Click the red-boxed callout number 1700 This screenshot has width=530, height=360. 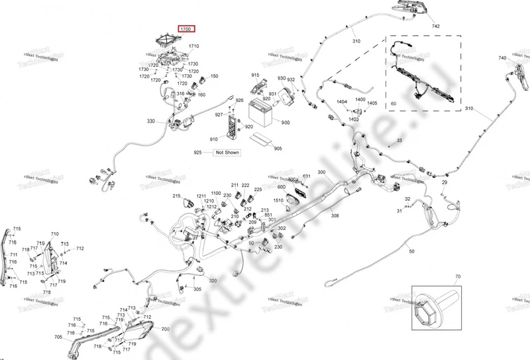click(x=185, y=29)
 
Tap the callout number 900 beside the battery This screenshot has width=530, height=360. click(x=286, y=123)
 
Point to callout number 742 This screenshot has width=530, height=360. click(x=435, y=26)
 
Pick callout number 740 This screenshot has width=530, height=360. click(x=502, y=59)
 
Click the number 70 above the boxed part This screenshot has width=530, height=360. click(x=457, y=276)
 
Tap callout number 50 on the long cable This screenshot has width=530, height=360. click(x=411, y=252)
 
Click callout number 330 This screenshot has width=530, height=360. click(x=150, y=121)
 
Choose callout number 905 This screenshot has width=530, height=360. click(x=278, y=149)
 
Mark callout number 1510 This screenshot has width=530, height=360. click(x=279, y=200)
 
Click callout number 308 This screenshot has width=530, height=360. click(x=335, y=216)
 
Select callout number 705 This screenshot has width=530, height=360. click(x=58, y=337)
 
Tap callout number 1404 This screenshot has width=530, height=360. click(x=342, y=101)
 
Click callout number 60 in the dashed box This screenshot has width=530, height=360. click(x=393, y=104)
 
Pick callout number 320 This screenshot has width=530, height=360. click(x=213, y=281)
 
